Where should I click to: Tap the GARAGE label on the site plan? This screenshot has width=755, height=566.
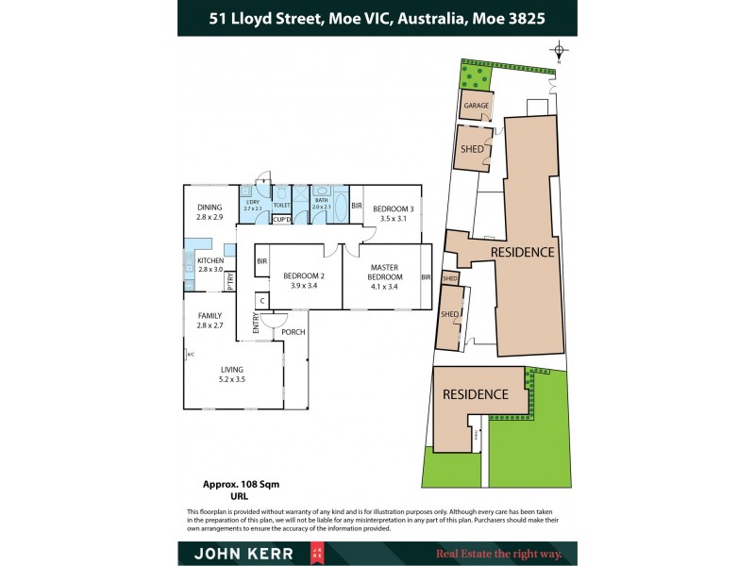tap(474, 107)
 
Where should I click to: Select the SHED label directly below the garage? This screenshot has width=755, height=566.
tap(472, 149)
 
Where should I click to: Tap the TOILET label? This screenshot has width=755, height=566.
tap(281, 204)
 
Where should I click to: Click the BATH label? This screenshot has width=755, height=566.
tap(321, 202)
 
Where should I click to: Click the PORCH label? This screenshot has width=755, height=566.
tap(294, 331)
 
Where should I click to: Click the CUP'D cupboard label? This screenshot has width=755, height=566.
tap(281, 221)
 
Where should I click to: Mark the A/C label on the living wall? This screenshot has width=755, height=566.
tap(190, 355)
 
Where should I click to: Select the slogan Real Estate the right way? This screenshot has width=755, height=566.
tap(498, 554)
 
